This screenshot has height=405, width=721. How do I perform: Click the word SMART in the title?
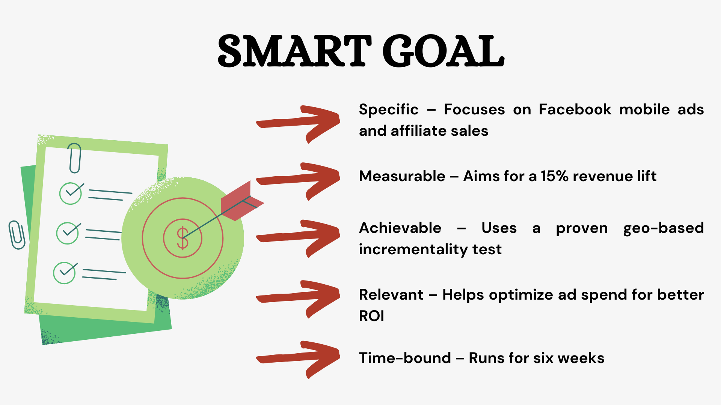tap(294, 51)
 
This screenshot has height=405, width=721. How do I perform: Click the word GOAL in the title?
tap(443, 51)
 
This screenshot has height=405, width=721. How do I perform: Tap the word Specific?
tap(389, 109)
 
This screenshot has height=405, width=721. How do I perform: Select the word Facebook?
tap(575, 109)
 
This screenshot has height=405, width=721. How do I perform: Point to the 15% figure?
tap(555, 176)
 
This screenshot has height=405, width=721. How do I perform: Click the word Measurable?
tap(402, 176)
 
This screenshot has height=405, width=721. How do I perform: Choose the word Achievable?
tap(400, 228)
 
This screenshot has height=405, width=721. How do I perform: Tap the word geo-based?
tap(663, 228)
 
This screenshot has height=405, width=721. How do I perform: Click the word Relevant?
tap(391, 295)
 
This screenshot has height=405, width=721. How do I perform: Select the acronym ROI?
tap(371, 316)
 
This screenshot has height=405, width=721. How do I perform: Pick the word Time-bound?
tap(405, 358)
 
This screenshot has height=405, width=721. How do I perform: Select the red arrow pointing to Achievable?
tap(299, 238)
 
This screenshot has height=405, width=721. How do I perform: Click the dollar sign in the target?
tap(183, 238)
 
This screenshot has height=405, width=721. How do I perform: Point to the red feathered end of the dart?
tap(240, 202)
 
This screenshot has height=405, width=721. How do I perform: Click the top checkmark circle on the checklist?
tap(71, 193)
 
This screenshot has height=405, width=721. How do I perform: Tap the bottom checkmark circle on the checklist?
tap(65, 273)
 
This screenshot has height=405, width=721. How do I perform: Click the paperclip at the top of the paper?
tap(75, 158)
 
